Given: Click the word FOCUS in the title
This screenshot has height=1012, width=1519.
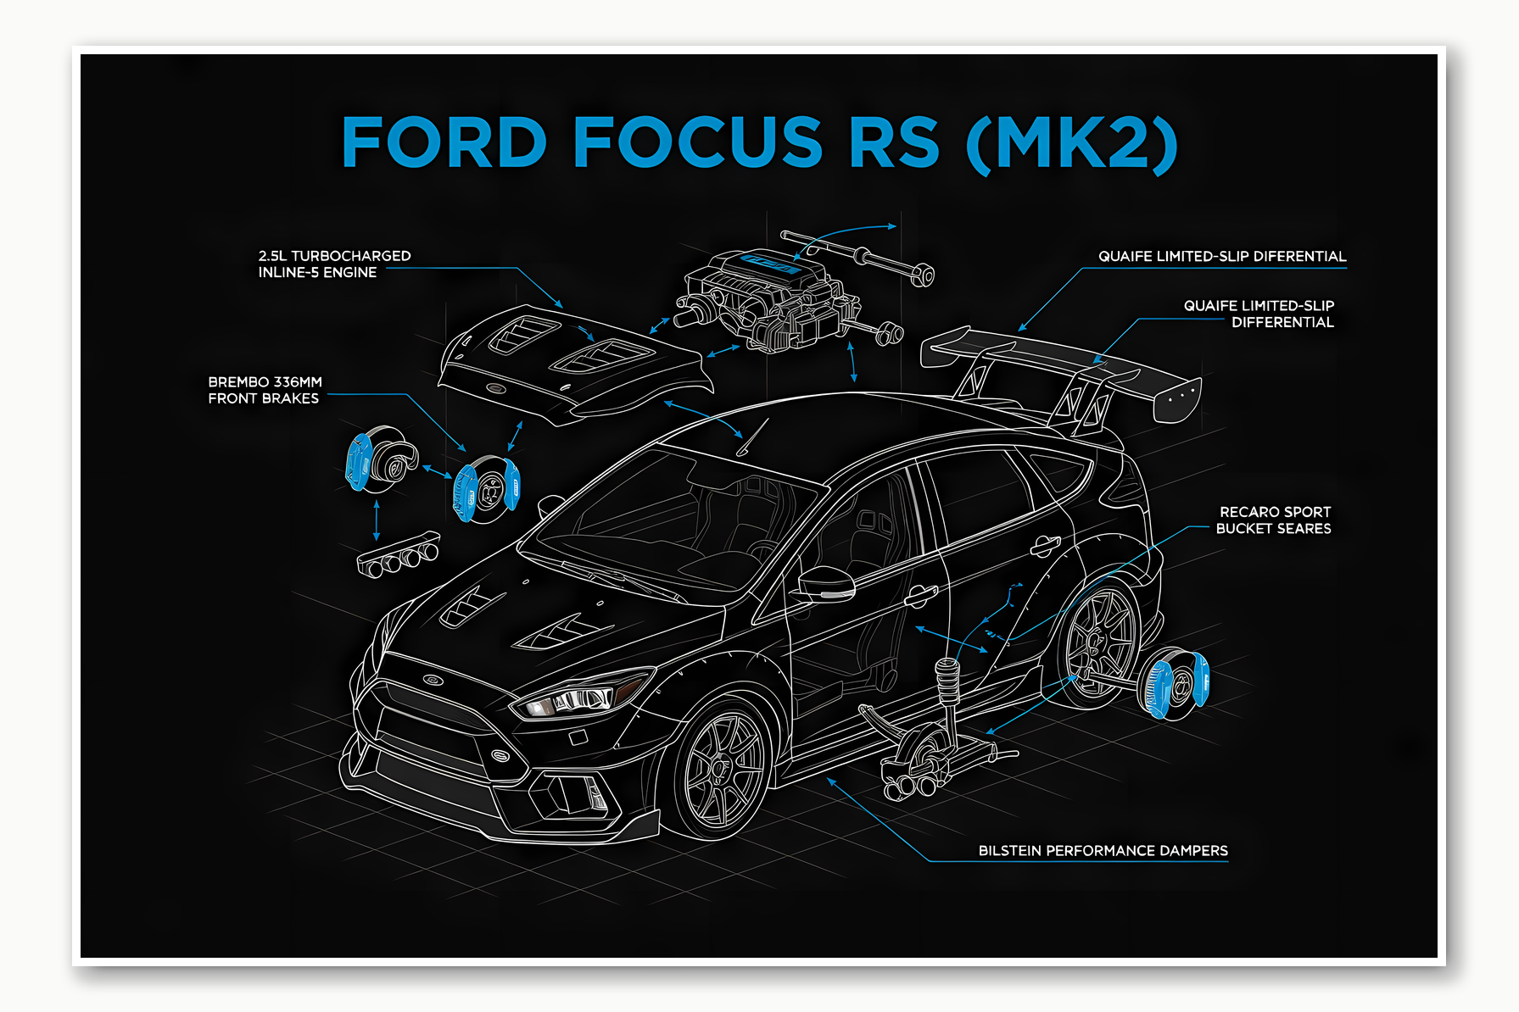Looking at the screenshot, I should point(697,142).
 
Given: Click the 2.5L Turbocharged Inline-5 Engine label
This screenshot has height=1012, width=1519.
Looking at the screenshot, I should point(334,264).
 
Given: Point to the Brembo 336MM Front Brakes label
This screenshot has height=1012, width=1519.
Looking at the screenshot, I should point(265,390).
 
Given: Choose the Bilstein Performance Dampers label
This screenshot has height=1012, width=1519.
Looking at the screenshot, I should point(1103,850).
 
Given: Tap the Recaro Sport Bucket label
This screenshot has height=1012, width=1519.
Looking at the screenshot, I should point(1273,520).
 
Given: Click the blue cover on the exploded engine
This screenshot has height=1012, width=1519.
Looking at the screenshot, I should point(770,264).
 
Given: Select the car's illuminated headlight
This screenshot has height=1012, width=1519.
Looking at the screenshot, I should point(577,699).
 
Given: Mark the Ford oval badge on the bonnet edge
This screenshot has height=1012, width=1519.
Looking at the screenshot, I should point(433,679).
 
